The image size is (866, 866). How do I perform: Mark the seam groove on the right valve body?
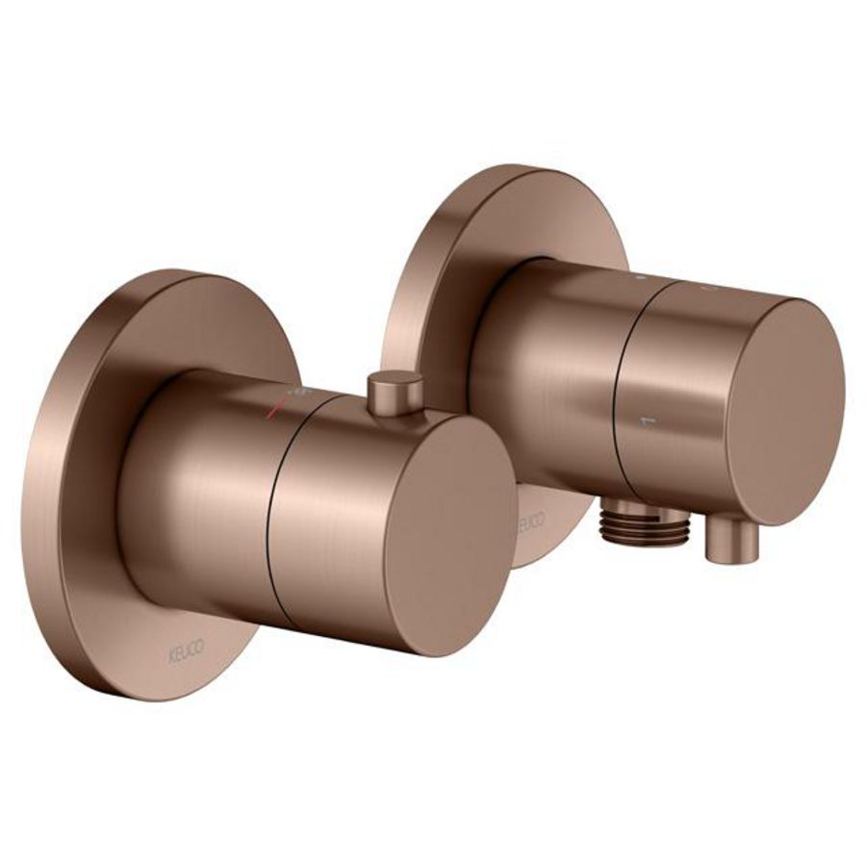coord(621,385)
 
